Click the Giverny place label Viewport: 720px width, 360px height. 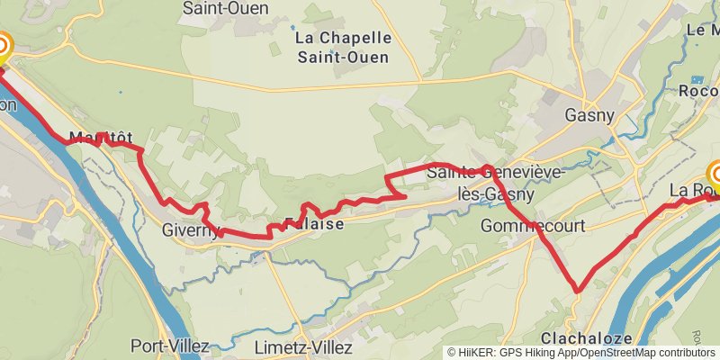pos(190,230)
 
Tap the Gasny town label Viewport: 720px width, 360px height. pos(589,115)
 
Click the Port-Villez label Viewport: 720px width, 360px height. pos(169,346)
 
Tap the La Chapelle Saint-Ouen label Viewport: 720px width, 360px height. pos(343,48)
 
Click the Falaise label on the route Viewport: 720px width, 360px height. pos(313,224)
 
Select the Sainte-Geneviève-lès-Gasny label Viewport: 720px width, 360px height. pos(496,181)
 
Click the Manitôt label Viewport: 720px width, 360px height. pos(94,138)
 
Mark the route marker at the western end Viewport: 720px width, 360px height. pos(3,47)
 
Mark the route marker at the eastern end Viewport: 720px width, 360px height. pos(717,175)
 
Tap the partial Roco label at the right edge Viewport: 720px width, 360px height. pos(698,91)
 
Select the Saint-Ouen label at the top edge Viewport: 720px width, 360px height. pos(217,9)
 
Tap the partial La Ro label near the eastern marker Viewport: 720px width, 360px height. pos(688,191)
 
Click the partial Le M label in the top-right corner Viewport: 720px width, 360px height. pos(703,30)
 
